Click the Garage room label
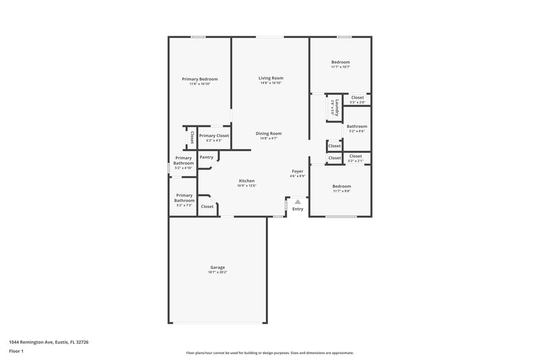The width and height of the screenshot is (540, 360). click(217, 267)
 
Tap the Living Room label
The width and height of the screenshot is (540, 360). click(270, 78)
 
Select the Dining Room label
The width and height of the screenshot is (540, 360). click(269, 133)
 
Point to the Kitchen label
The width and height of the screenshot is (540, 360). click(246, 181)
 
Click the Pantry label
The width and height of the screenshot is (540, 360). click(207, 157)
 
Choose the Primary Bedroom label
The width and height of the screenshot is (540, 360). click(200, 79)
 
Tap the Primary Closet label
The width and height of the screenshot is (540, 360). click(213, 136)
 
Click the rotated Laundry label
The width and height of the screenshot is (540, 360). click(335, 107)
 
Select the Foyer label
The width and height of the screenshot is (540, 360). click(298, 172)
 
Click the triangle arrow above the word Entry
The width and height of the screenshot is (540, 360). click(298, 201)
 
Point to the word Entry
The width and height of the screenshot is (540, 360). click(298, 209)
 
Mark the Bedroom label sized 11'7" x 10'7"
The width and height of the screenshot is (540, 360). click(341, 62)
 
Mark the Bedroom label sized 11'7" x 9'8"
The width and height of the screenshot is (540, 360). click(341, 186)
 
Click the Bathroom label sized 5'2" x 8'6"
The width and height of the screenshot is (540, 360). click(356, 126)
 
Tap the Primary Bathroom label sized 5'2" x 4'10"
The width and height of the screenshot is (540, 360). click(184, 160)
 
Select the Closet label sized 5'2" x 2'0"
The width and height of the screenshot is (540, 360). click(357, 98)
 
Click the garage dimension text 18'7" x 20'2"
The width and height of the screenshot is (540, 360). click(217, 272)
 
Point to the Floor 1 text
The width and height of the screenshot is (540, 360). click(17, 352)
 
